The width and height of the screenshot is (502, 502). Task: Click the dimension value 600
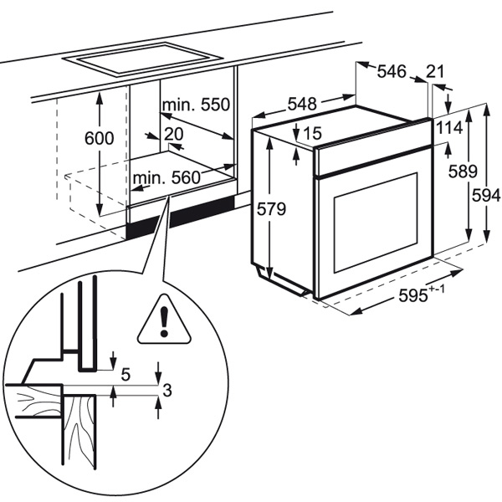click(x=99, y=140)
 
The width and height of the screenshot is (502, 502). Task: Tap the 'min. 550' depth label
click(x=195, y=106)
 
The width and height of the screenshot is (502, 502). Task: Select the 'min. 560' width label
click(x=166, y=177)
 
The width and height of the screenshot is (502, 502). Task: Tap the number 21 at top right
click(x=436, y=72)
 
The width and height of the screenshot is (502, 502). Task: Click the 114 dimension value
click(x=449, y=128)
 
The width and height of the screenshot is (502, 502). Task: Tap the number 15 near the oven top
click(x=313, y=133)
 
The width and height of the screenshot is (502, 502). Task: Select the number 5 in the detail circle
click(x=125, y=375)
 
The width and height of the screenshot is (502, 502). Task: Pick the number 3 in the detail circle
click(x=167, y=389)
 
